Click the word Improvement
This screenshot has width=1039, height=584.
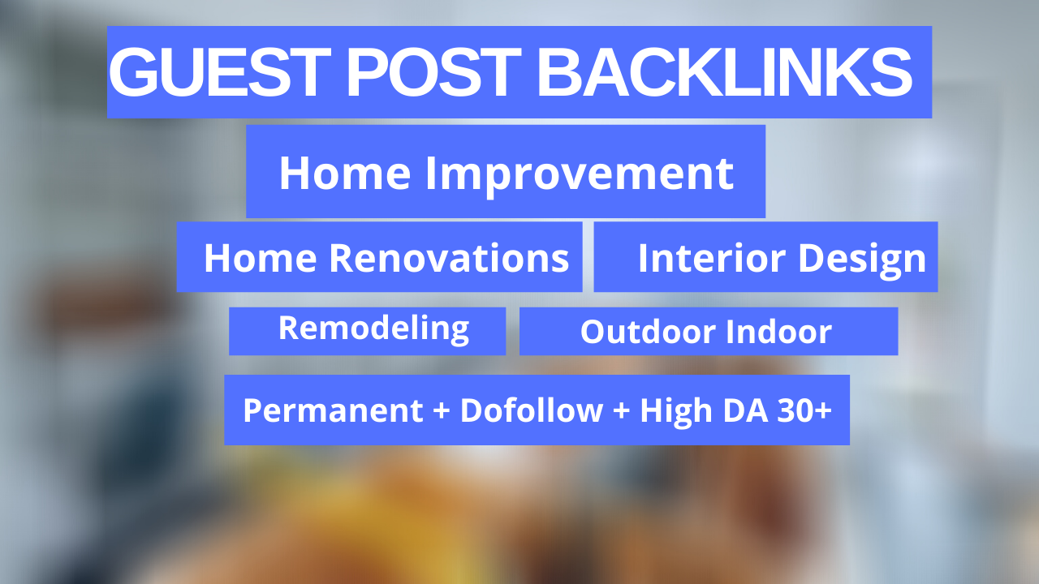580,174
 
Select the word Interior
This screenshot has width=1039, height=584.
701,258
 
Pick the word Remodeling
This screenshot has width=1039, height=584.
373,328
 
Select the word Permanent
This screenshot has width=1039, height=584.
333,410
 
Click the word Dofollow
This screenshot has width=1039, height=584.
532,410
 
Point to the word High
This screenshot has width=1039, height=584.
675,410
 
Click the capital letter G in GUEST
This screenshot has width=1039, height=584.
132,73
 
